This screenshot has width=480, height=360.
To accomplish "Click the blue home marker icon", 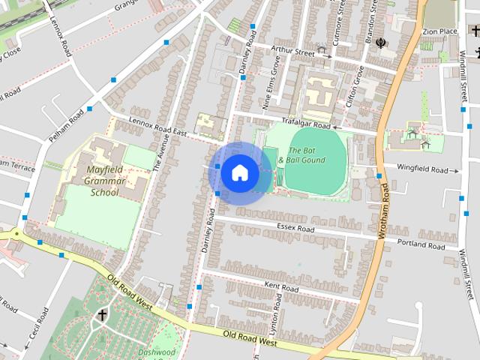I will click(x=239, y=172).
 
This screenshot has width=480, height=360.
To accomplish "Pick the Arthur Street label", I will click(x=292, y=52).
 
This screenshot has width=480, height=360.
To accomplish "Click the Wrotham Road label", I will click(x=384, y=212).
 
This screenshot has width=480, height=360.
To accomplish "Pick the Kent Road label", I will click(x=281, y=287).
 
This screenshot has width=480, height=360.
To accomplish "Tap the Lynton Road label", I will click(x=275, y=313).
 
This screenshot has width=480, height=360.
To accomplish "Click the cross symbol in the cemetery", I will click(x=101, y=316).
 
